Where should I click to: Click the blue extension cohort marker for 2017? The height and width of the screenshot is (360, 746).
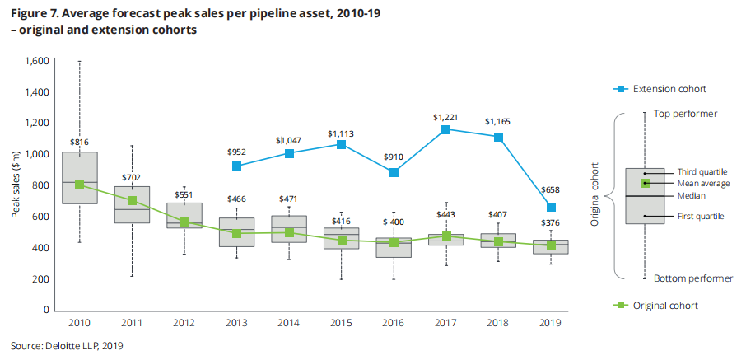(445, 130)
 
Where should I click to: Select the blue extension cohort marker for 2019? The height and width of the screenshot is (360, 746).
(552, 208)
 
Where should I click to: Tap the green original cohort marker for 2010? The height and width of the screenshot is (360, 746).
(79, 185)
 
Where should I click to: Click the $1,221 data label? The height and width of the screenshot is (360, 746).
(445, 118)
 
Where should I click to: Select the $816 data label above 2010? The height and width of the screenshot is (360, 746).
(79, 142)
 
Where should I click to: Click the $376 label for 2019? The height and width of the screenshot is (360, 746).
(552, 223)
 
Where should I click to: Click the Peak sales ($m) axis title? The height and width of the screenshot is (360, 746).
(16, 185)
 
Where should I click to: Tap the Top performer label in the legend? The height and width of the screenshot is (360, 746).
(685, 114)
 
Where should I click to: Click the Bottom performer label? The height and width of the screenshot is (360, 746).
(692, 278)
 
